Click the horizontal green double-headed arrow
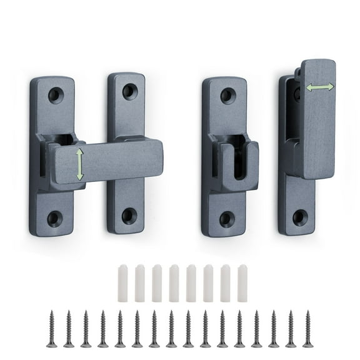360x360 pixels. tap(319, 88)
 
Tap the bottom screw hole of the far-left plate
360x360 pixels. tap(55, 218)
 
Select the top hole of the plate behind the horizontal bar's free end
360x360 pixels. tap(130, 91)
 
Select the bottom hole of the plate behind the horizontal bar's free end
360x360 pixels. tap(129, 216)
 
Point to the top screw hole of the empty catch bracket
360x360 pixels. tap(228, 96)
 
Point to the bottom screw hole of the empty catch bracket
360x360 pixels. tap(227, 219)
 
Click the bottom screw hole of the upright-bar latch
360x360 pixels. tap(300, 217)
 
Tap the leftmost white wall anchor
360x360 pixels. tap(123, 283)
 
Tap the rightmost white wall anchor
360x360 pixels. tap(242, 283)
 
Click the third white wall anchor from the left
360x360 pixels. tap(157, 283)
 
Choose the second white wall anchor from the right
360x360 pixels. tap(225, 283)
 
